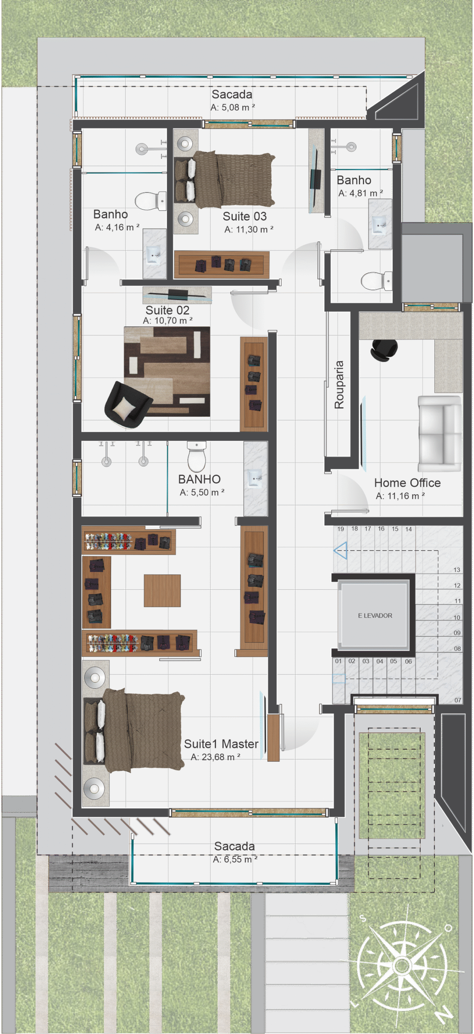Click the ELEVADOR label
375,616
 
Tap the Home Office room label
407,483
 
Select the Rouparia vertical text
339,385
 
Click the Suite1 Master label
221,744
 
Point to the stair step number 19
341,529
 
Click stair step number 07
457,700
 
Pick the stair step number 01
338,661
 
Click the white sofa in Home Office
439,434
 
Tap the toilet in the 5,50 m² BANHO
197,456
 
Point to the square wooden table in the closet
162,591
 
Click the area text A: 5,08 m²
232,107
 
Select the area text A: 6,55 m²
235,859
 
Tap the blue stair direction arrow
341,551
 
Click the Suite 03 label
244,216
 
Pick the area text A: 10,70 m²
167,321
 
